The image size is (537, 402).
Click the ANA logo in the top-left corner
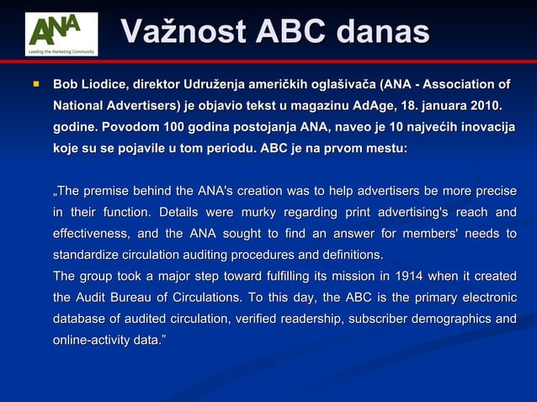click(61, 34)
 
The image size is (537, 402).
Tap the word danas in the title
click(382, 33)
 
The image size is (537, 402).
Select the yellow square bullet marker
click(36, 84)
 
